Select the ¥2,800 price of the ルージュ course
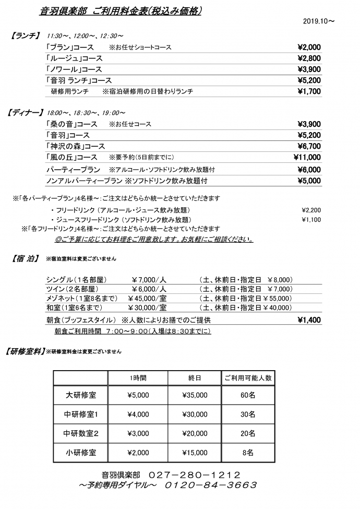click(309, 58)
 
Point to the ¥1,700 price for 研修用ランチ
click(309, 91)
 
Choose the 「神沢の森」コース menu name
click(75, 146)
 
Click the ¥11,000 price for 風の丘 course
click(307, 157)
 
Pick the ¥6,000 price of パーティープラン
click(309, 170)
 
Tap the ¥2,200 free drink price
click(311, 210)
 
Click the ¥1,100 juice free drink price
click(311, 220)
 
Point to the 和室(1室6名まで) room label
click(77, 307)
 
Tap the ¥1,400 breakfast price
click(309, 320)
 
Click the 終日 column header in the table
click(195, 378)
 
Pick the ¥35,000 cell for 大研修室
click(195, 395)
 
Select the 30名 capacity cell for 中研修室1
click(248, 415)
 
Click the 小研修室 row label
click(81, 453)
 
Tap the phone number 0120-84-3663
click(211, 485)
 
